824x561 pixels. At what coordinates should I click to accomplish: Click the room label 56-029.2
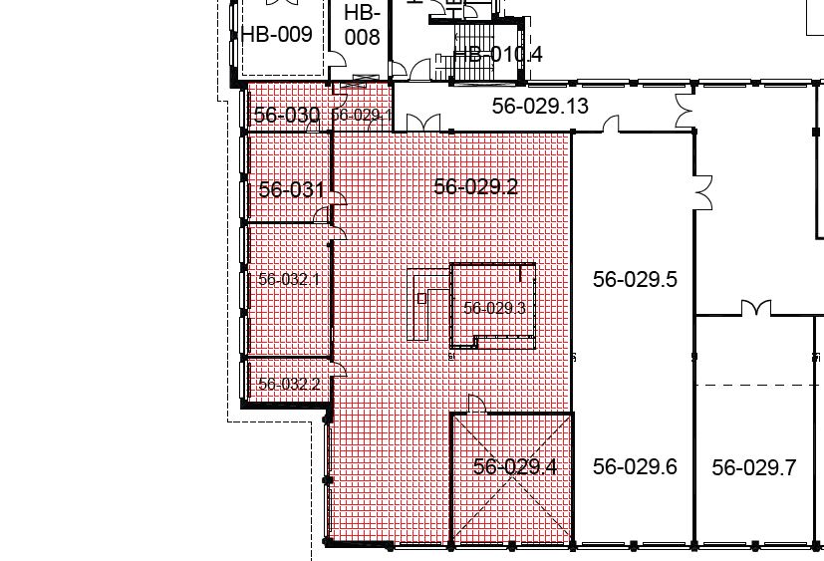pyautogui.click(x=476, y=186)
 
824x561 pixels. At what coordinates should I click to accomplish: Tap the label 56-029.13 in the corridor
pyautogui.click(x=540, y=107)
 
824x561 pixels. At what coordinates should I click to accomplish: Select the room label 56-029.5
pyautogui.click(x=635, y=279)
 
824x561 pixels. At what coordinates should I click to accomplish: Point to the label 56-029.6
pyautogui.click(x=635, y=466)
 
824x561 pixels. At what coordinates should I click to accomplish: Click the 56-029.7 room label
pyautogui.click(x=754, y=467)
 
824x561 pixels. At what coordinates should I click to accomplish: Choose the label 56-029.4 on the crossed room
pyautogui.click(x=515, y=466)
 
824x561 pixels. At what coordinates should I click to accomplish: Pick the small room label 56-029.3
pyautogui.click(x=494, y=308)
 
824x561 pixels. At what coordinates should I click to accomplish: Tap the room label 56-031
pyautogui.click(x=292, y=189)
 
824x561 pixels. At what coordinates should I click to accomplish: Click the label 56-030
pyautogui.click(x=286, y=115)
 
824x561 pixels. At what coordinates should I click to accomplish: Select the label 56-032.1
pyautogui.click(x=289, y=279)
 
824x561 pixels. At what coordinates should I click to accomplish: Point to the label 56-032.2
pyautogui.click(x=289, y=384)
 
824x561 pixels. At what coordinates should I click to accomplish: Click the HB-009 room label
pyautogui.click(x=277, y=34)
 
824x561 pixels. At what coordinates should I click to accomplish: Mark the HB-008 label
pyautogui.click(x=362, y=25)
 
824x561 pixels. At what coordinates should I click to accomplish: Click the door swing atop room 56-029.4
pyautogui.click(x=476, y=404)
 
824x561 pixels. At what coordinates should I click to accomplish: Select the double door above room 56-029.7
pyautogui.click(x=756, y=308)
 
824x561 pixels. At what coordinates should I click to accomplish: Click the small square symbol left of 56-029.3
pyautogui.click(x=422, y=299)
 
